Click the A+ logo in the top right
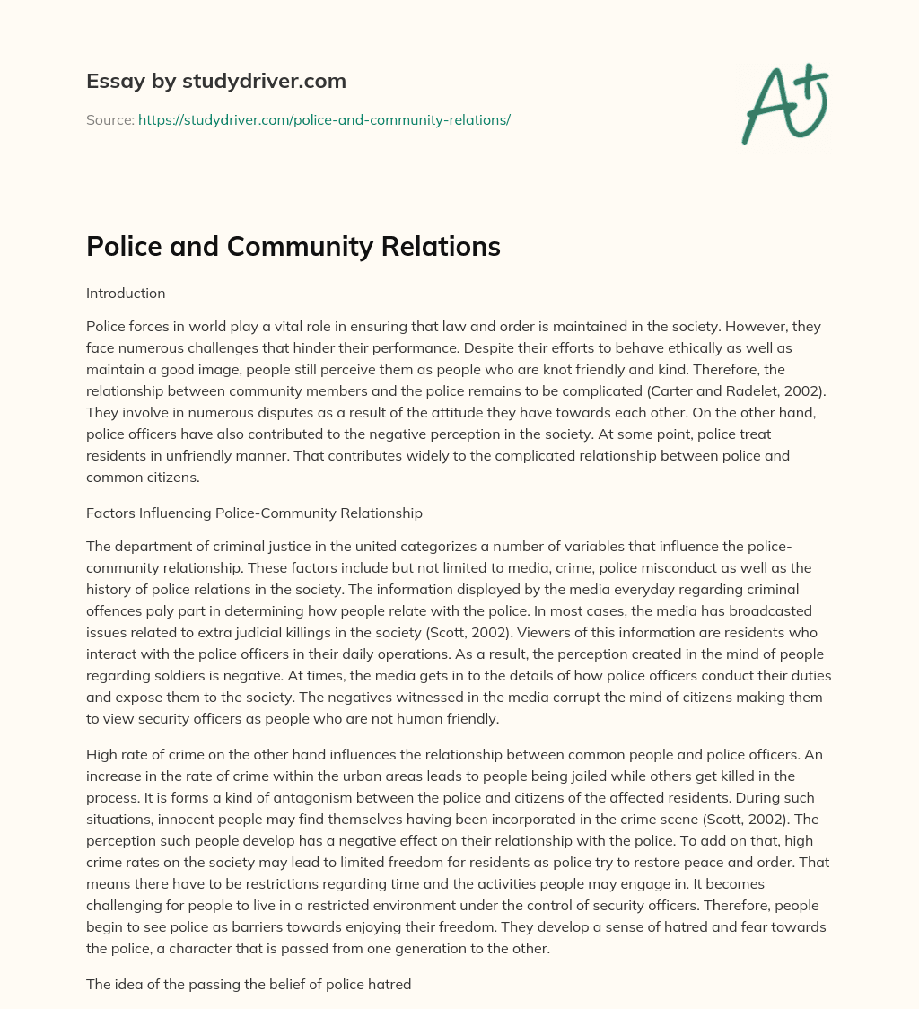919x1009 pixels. (784, 103)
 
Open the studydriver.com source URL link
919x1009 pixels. (324, 119)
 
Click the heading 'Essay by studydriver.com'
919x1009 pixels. (215, 81)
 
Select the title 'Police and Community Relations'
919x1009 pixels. (293, 247)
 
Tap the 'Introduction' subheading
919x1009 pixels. (126, 293)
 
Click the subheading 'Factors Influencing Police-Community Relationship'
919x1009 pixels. (254, 513)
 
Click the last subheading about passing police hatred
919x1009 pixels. (248, 984)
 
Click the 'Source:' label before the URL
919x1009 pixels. (109, 119)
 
